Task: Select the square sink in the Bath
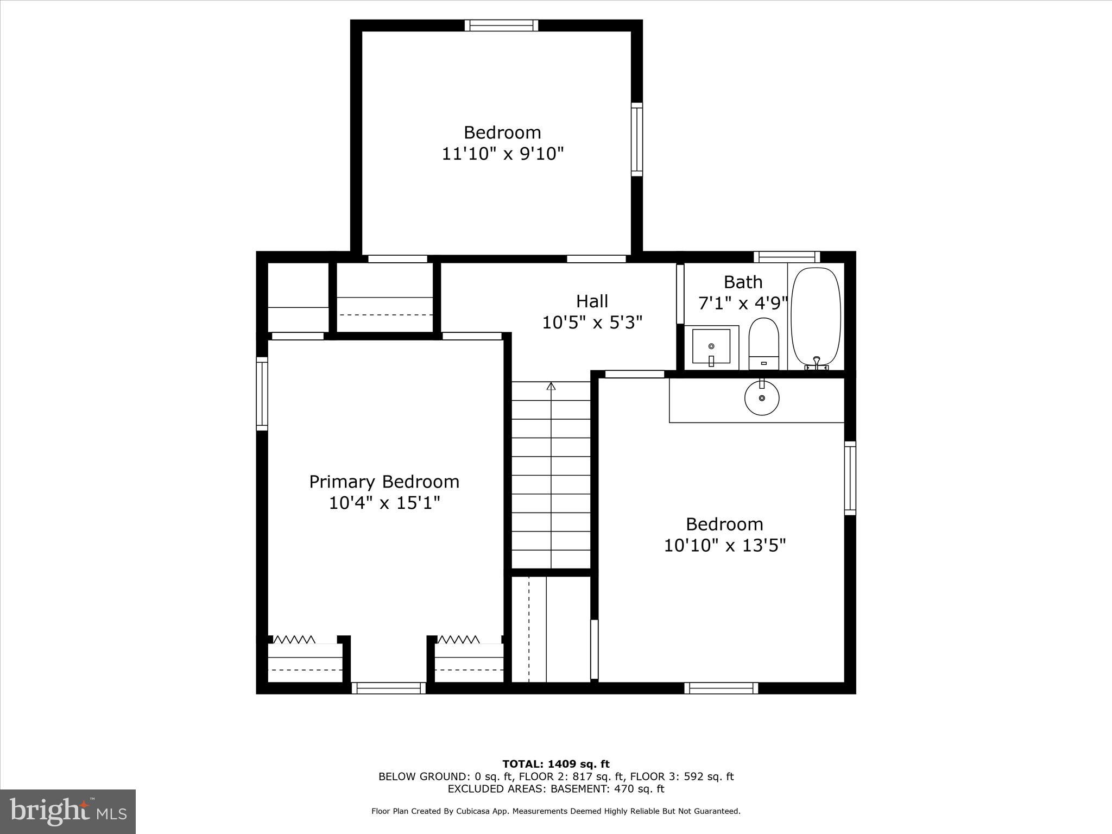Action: click(711, 346)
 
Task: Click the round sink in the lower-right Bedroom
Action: click(762, 398)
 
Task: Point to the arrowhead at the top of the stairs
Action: click(551, 386)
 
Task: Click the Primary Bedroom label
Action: click(384, 482)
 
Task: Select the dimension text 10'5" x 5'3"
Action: click(592, 323)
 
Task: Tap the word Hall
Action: click(592, 301)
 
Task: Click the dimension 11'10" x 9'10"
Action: click(502, 154)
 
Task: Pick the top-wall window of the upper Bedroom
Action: click(502, 26)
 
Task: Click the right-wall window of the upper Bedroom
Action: click(636, 140)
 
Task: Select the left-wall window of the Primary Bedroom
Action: click(262, 394)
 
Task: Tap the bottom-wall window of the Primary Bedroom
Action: click(388, 688)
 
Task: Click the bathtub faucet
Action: click(816, 363)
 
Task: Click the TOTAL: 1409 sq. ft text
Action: click(555, 764)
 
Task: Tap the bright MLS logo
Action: click(68, 812)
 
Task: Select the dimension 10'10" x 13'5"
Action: click(724, 545)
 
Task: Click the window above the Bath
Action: click(786, 257)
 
